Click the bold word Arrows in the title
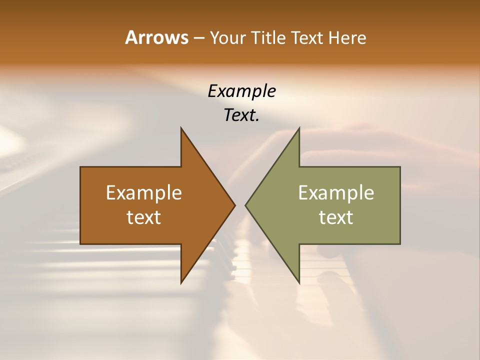click(x=156, y=37)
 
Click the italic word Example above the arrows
click(x=241, y=91)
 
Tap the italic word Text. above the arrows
click(x=241, y=115)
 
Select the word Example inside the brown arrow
click(x=144, y=192)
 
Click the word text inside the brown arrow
click(x=144, y=217)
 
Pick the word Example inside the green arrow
click(x=336, y=192)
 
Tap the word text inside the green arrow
click(x=336, y=217)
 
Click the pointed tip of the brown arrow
click(x=235, y=205)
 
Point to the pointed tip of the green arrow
click(x=245, y=205)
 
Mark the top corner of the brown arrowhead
click(x=181, y=127)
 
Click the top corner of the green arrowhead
click(x=299, y=127)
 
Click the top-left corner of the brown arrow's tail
click(x=80, y=167)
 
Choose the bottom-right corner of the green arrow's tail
click(x=400, y=244)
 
